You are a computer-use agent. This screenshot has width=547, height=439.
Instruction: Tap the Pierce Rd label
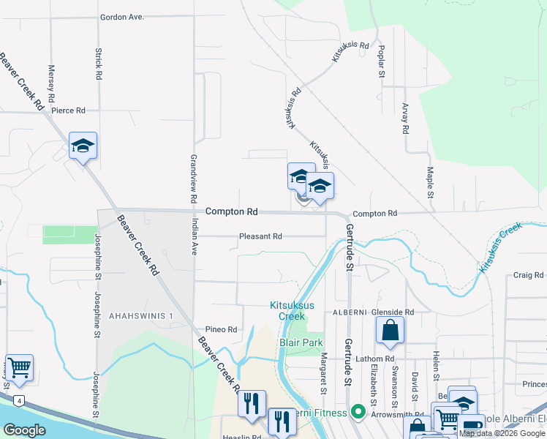tap(69, 110)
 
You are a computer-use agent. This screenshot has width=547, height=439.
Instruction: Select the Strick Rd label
tap(98, 64)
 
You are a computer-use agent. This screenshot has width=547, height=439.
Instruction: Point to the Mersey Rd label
tap(50, 83)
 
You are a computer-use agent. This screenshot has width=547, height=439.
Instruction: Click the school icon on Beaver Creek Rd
tap(83, 146)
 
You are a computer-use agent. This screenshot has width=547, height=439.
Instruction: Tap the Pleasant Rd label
tap(260, 236)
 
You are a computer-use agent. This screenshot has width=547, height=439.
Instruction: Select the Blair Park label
tap(301, 342)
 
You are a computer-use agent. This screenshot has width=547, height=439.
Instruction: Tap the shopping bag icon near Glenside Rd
tap(391, 331)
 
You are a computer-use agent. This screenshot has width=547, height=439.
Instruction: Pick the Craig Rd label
tap(528, 275)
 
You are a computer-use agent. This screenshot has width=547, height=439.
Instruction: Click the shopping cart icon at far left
tap(19, 367)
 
